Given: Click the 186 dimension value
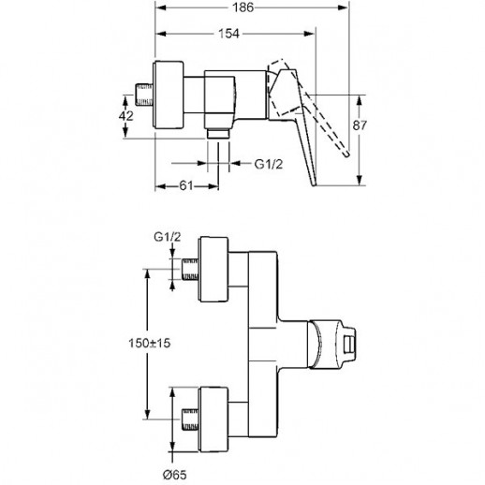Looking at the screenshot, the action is (x=242, y=7).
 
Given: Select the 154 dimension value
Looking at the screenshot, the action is (x=228, y=34).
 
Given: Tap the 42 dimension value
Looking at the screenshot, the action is (x=126, y=116).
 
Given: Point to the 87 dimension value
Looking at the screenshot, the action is (x=360, y=125).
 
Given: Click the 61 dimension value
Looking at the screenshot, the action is (x=185, y=185).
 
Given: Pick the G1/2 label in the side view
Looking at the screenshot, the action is (x=269, y=164).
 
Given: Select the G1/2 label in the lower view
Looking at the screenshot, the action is (x=167, y=237).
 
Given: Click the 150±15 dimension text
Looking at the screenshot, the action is (x=150, y=344).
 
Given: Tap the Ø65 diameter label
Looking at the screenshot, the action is (x=175, y=475).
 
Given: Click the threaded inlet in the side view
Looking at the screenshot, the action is (x=143, y=95).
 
